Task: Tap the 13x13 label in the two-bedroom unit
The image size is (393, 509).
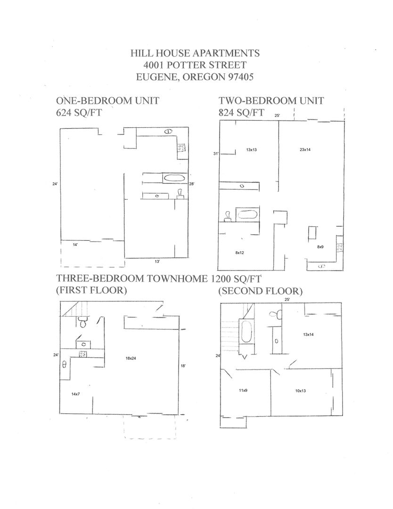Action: [251, 150]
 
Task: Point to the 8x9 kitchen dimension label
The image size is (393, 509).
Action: [320, 246]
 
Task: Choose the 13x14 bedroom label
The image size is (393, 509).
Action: [308, 335]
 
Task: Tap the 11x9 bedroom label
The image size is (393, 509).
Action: [243, 391]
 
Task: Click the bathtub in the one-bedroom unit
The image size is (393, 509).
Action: [174, 178]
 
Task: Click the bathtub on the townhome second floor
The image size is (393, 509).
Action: [246, 333]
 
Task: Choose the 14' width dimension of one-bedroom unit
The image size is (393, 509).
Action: [75, 245]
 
